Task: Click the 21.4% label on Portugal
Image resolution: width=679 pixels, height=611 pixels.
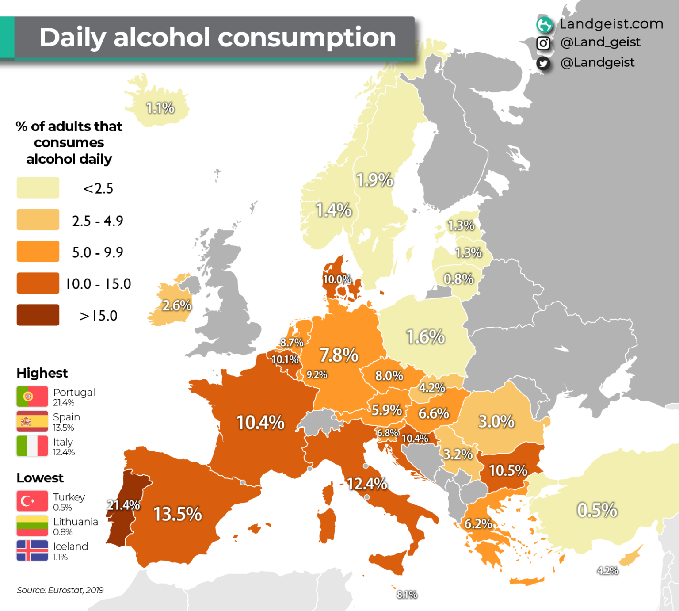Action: point(123,505)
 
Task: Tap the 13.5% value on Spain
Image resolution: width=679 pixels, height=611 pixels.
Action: point(177,514)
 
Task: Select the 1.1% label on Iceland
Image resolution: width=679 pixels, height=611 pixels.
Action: point(160,108)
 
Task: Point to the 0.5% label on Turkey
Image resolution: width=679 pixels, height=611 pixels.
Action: point(597,510)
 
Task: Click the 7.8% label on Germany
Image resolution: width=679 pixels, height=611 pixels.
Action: point(339,355)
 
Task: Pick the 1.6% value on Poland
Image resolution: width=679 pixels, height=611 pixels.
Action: point(425,337)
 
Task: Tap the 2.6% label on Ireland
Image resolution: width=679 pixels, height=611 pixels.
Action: point(177,305)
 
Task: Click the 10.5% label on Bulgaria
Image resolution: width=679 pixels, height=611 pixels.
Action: point(508,470)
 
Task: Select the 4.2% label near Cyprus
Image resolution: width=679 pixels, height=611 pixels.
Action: point(607,571)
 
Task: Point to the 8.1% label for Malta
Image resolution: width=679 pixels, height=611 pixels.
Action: point(407,595)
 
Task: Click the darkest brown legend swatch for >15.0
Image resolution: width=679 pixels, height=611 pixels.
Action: point(38,315)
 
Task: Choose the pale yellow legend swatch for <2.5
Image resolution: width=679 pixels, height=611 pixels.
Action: point(38,187)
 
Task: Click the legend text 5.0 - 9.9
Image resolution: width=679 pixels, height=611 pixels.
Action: point(98,252)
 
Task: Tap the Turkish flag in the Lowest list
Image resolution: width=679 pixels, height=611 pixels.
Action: point(32,501)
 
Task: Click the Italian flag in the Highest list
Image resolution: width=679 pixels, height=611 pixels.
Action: point(32,446)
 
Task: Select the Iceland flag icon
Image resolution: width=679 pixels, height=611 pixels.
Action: point(32,550)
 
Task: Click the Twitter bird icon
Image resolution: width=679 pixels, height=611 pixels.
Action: point(543,63)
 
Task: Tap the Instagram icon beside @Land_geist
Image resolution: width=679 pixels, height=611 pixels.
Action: point(543,43)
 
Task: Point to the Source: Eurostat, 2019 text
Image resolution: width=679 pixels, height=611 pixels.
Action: point(60,590)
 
